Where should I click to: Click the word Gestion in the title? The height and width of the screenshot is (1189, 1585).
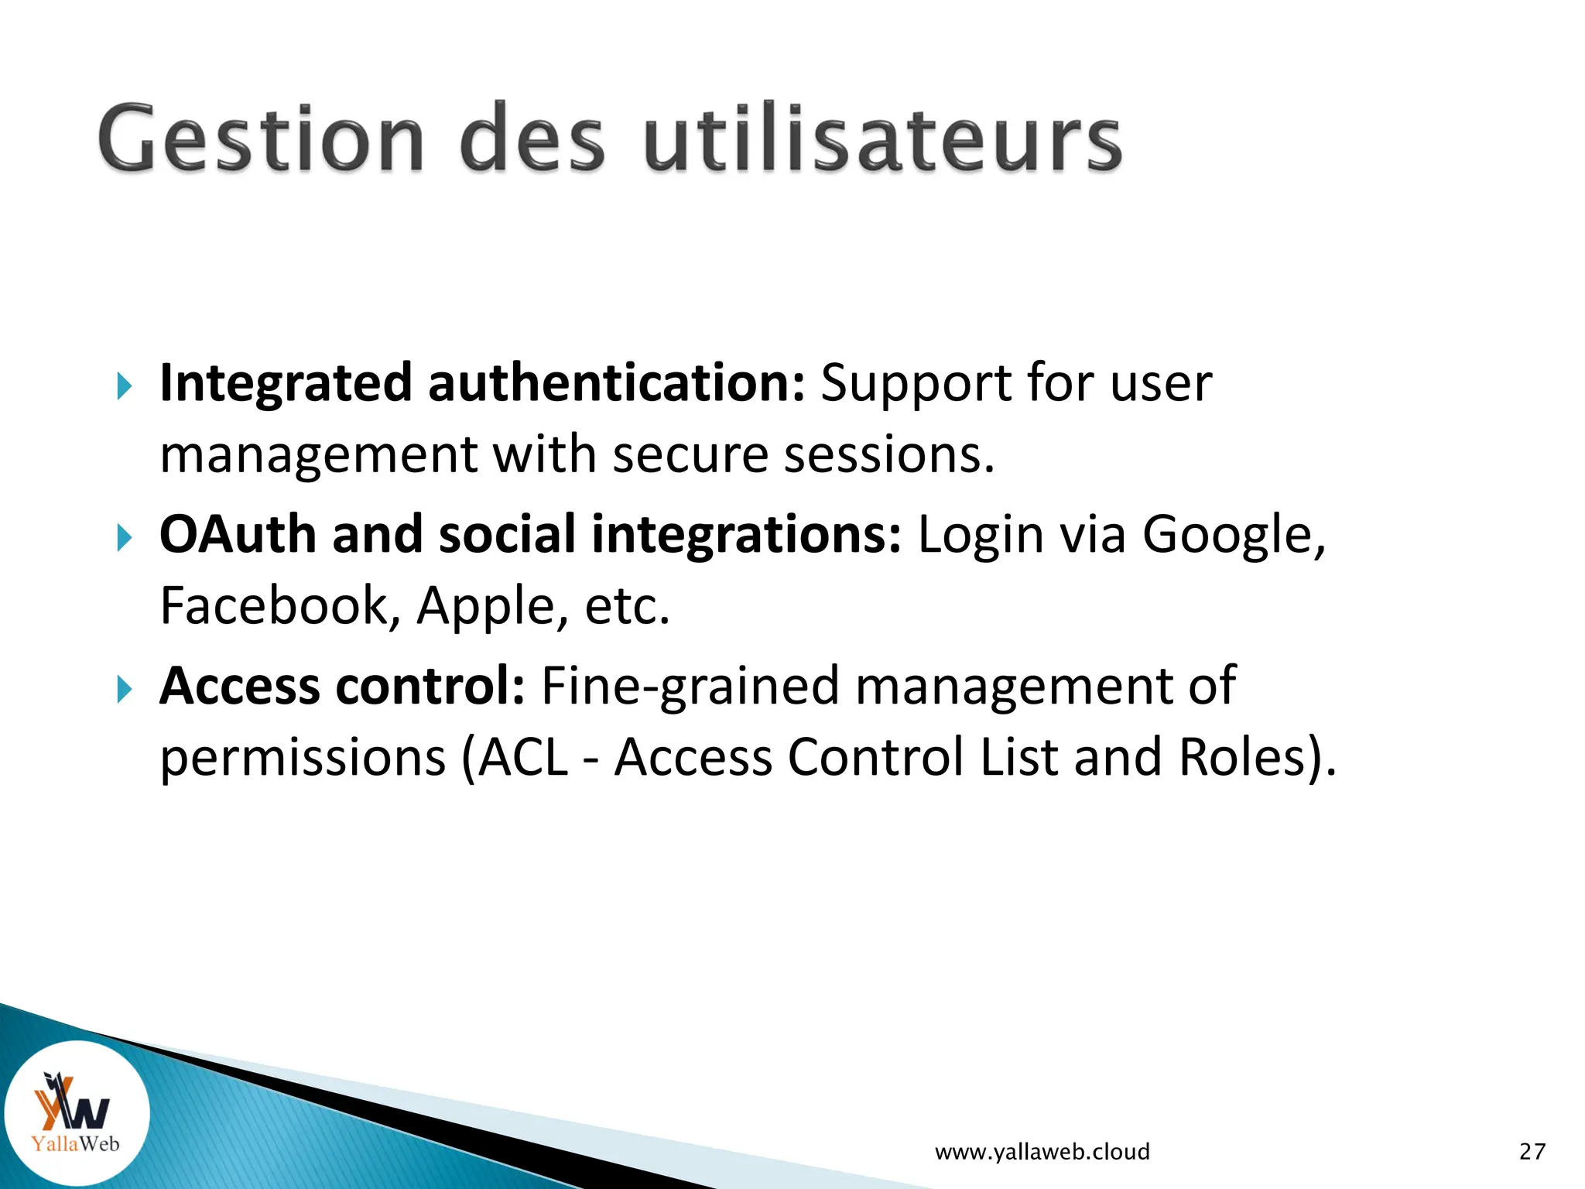coord(261,139)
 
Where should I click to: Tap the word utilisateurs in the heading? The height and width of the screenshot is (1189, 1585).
coord(882,139)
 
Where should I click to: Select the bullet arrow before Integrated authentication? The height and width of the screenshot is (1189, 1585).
coord(125,385)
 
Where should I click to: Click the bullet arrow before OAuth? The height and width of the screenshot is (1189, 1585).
coord(125,536)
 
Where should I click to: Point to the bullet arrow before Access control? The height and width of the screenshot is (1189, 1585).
coord(125,688)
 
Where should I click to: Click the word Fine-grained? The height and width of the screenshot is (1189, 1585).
coord(690,687)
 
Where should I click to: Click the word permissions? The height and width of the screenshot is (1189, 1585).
coord(303,759)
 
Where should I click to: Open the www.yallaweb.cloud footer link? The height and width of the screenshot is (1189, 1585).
coord(1042,1152)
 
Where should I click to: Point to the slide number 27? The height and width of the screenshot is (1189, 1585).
coord(1532,1152)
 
